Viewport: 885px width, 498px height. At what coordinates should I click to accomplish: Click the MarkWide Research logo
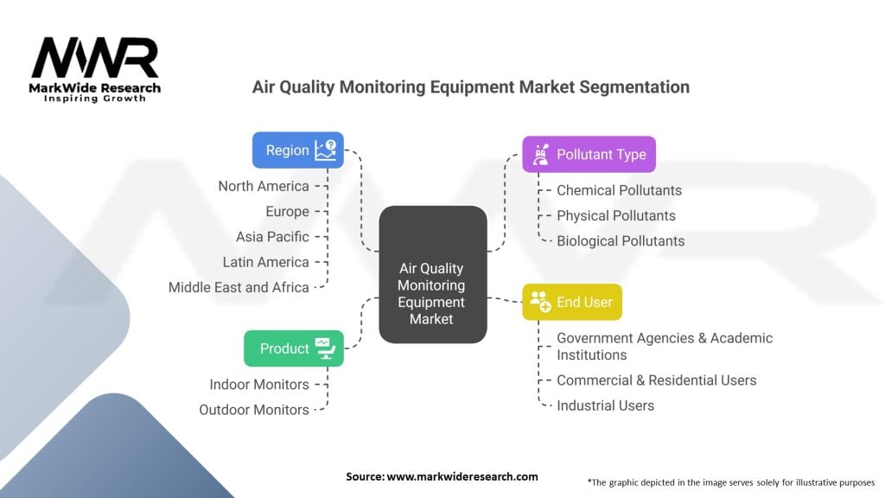[95, 69]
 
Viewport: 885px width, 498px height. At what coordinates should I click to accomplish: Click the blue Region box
[297, 150]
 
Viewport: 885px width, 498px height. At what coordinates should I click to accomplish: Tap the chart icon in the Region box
[326, 150]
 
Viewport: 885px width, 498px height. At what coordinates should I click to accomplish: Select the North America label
[263, 186]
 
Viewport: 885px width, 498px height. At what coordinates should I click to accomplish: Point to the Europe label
[287, 211]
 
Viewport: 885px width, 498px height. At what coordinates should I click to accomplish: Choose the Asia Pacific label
[272, 236]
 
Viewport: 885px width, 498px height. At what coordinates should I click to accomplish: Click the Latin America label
[265, 262]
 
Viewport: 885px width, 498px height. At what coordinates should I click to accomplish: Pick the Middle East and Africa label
[239, 287]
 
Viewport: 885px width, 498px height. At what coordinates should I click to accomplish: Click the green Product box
[293, 348]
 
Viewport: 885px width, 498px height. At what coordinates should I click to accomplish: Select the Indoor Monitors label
[258, 384]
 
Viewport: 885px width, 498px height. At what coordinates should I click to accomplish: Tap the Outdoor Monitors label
[253, 410]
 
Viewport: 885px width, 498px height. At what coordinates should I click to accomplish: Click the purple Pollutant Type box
[589, 155]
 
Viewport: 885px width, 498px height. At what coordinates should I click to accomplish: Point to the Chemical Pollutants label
[619, 190]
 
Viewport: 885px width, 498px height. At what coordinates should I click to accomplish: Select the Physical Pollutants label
[616, 215]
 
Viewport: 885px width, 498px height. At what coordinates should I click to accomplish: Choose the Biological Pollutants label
[621, 241]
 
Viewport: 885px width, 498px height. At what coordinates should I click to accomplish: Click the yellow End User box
[571, 302]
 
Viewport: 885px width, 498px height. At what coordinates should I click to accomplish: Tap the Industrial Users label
[605, 405]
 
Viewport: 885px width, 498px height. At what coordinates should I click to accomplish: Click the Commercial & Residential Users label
[656, 380]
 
